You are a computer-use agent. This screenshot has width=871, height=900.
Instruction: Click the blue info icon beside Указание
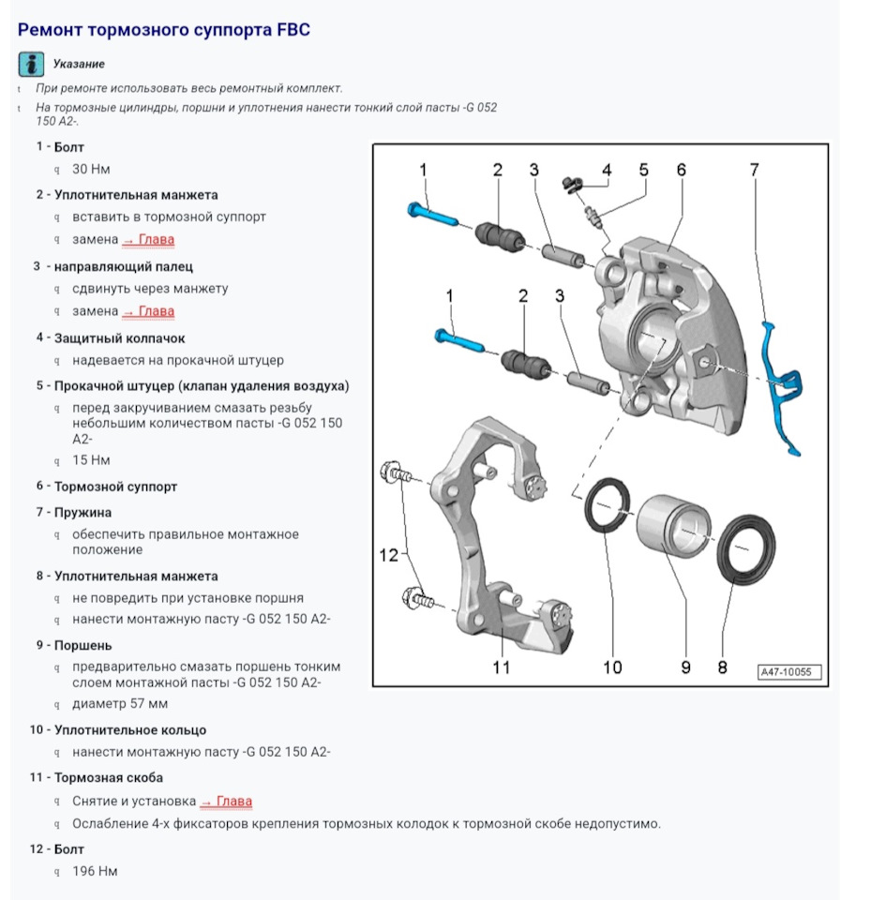click(x=31, y=65)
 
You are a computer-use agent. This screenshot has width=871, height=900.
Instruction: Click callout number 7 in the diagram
click(x=754, y=170)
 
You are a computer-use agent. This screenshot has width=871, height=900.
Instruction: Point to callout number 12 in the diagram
click(x=389, y=555)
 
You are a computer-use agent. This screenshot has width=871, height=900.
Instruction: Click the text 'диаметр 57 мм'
click(x=120, y=703)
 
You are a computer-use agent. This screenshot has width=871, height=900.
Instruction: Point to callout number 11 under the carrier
click(x=502, y=667)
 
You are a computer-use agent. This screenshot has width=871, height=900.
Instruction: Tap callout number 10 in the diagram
click(x=612, y=667)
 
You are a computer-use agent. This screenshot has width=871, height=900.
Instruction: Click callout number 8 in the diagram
click(x=722, y=667)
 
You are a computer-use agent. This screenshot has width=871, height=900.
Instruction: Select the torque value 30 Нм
click(x=91, y=170)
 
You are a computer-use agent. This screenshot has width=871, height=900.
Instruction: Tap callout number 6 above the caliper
click(x=682, y=170)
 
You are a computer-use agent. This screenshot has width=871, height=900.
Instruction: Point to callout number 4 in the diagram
click(x=607, y=170)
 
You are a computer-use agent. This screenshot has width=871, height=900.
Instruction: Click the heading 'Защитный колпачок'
click(x=120, y=337)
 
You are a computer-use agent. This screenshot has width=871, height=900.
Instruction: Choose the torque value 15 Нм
click(x=91, y=460)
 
